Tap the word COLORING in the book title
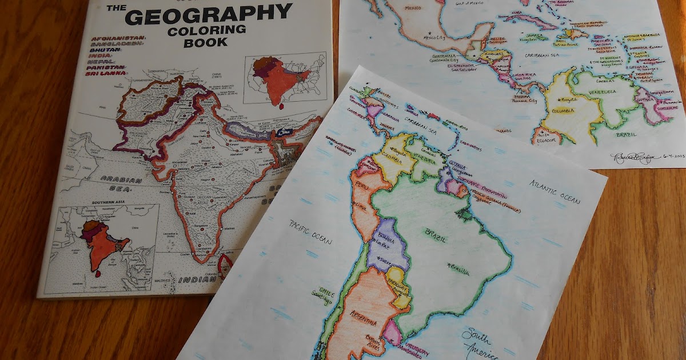tap(206, 30)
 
